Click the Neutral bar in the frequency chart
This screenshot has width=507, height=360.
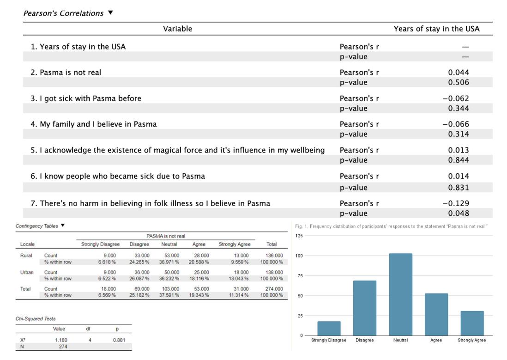click(400, 294)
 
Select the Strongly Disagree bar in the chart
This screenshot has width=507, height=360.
click(329, 328)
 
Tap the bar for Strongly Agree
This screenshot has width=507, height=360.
click(472, 323)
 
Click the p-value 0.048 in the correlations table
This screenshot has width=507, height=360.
click(459, 214)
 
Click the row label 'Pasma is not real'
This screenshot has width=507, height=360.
click(70, 73)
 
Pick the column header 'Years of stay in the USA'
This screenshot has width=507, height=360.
click(436, 29)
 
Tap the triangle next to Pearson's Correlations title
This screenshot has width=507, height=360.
click(110, 12)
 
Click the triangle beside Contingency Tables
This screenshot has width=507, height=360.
click(63, 226)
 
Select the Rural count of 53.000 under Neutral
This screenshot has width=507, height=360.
click(172, 255)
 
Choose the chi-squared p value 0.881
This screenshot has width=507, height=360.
click(119, 340)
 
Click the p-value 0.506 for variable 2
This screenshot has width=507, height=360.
click(459, 83)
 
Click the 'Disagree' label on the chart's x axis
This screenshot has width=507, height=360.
click(364, 341)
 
